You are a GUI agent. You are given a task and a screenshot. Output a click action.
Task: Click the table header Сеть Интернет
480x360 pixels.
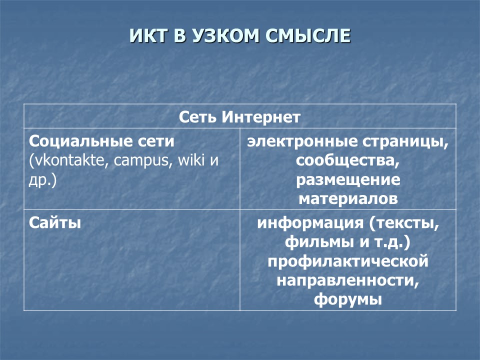240,117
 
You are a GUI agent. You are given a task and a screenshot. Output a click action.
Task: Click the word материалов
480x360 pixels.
348,199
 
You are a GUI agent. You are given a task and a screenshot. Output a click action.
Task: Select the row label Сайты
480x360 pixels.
55,222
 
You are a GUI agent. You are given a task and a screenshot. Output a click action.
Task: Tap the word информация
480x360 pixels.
312,222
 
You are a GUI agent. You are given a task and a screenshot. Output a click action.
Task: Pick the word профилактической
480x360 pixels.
348,261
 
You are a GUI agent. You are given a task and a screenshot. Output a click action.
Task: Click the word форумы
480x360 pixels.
348,299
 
